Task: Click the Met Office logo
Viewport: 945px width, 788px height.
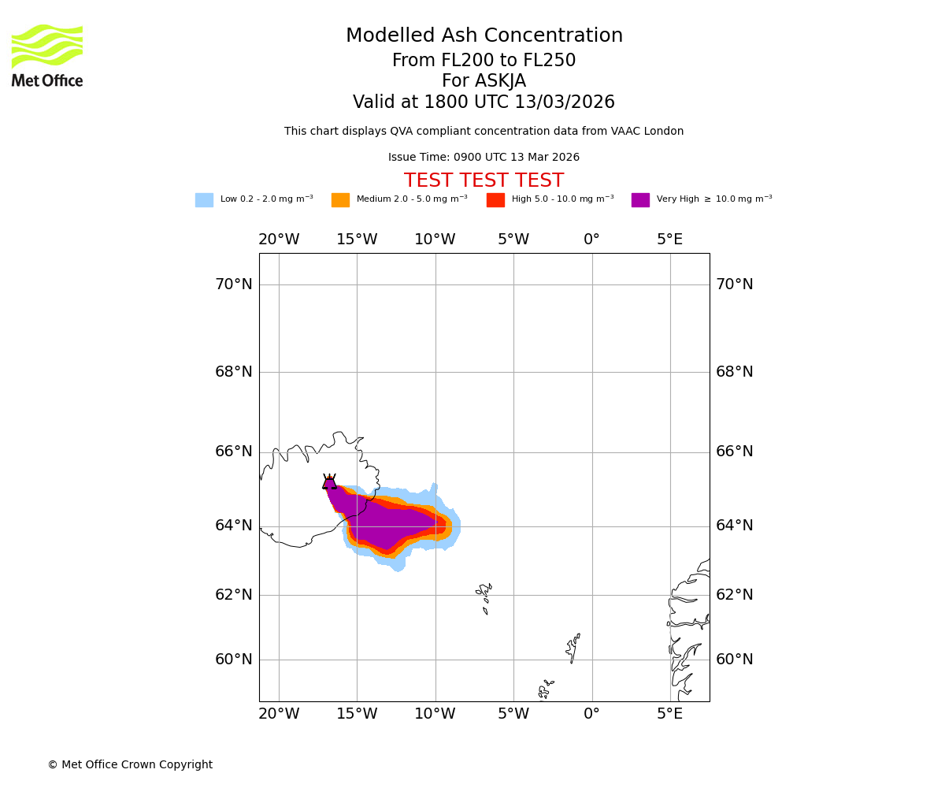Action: click(47, 55)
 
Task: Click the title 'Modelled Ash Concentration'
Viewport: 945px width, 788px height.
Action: click(484, 36)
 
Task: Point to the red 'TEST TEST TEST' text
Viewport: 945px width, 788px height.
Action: click(484, 181)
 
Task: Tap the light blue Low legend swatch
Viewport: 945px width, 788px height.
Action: click(204, 200)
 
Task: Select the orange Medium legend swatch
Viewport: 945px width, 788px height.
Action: click(340, 200)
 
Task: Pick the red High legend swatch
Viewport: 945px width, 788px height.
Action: click(495, 200)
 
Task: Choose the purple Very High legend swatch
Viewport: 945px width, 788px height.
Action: click(640, 200)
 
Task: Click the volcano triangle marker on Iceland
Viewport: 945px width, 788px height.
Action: click(329, 482)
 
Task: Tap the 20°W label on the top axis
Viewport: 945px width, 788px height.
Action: click(279, 240)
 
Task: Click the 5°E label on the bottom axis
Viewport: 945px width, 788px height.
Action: click(670, 714)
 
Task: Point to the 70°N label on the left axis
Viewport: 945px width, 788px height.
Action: click(234, 284)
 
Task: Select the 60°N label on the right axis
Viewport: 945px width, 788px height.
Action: click(734, 660)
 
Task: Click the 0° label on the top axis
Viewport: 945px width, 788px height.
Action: click(591, 240)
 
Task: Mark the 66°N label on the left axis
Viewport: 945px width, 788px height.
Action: click(234, 452)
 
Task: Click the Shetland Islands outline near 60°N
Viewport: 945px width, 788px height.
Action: click(573, 649)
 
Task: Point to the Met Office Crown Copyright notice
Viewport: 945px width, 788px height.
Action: click(130, 765)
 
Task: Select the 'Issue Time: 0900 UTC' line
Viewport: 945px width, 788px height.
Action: click(484, 158)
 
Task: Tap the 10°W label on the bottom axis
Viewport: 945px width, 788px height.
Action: click(435, 714)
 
